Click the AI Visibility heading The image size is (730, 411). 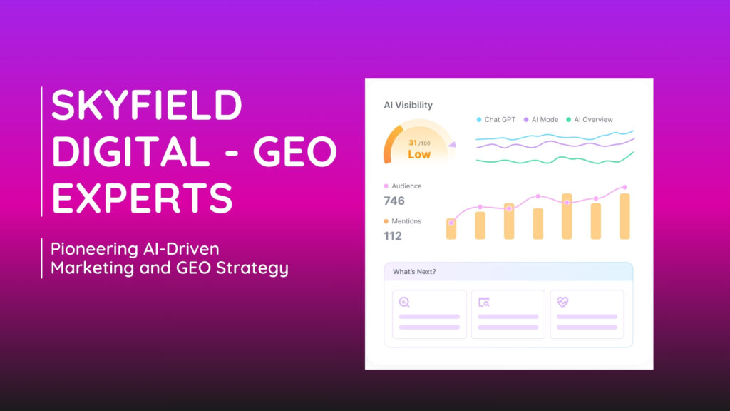click(408, 106)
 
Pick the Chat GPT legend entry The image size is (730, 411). click(499, 120)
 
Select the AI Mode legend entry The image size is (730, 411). click(545, 120)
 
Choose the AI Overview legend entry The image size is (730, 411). click(592, 120)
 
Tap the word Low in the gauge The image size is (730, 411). click(419, 154)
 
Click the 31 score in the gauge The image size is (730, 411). click(413, 143)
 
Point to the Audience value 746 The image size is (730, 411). click(394, 201)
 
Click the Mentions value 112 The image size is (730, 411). click(393, 236)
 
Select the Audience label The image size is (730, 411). click(406, 186)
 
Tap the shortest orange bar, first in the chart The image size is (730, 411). click(451, 229)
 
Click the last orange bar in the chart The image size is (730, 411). click(624, 216)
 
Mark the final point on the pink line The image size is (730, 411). click(624, 188)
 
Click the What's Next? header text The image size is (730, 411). click(414, 272)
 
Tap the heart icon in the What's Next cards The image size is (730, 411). click(562, 302)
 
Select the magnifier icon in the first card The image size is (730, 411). click(405, 302)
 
